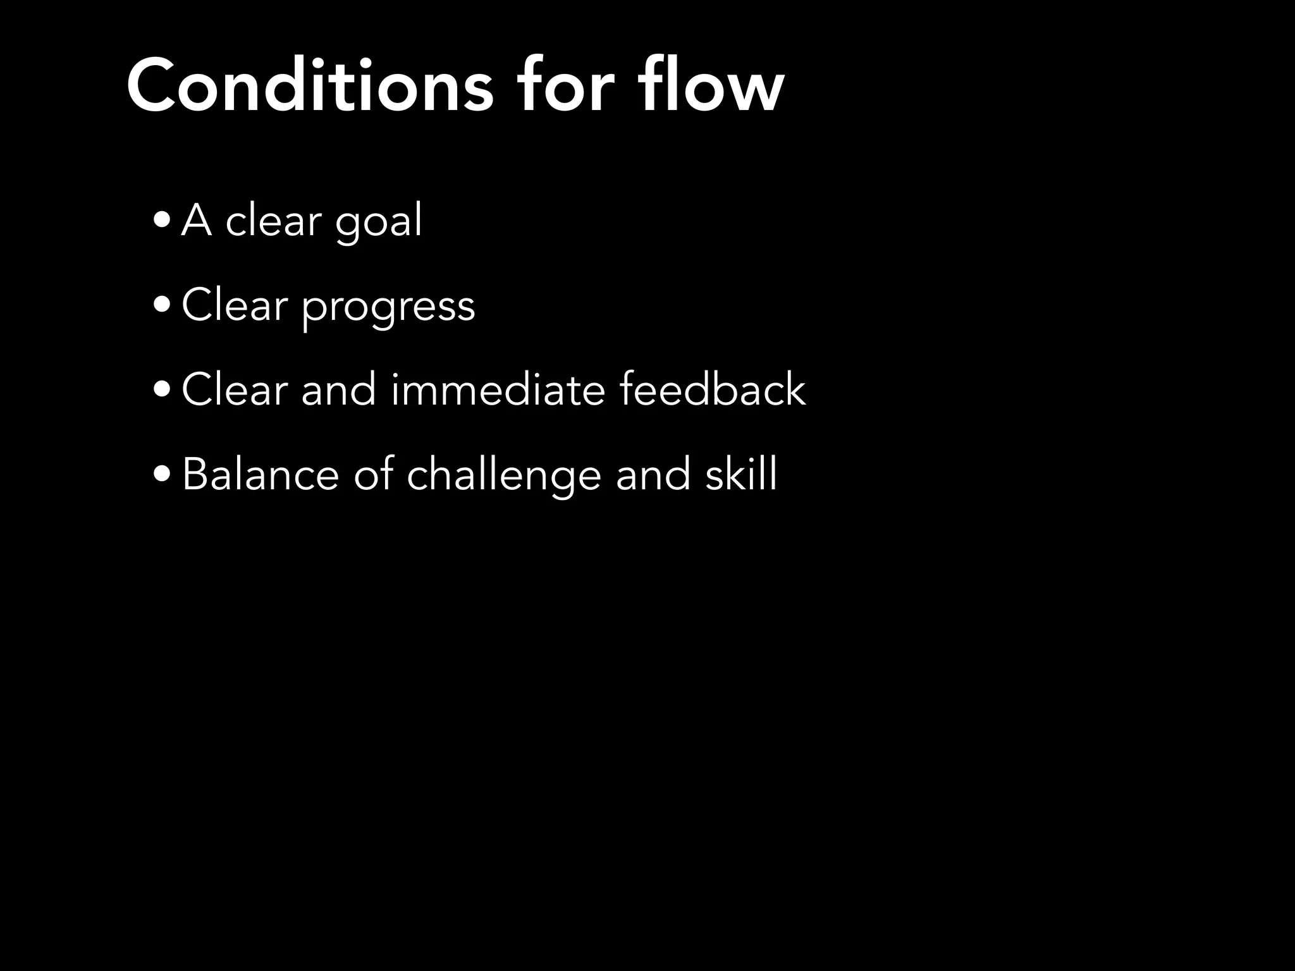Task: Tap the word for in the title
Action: [565, 86]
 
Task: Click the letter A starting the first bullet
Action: [196, 221]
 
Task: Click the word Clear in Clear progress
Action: [235, 305]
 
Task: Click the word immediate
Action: [498, 389]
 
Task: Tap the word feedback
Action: [712, 389]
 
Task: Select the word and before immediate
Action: [338, 389]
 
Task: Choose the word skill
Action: [740, 474]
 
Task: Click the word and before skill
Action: [653, 474]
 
